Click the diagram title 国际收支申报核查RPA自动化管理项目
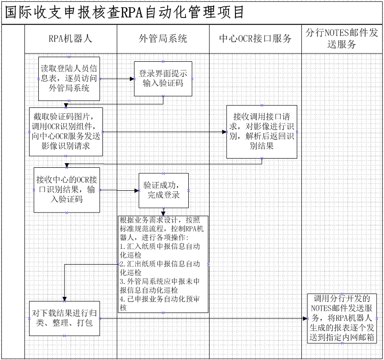pos(125,12)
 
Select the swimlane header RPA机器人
pos(70,39)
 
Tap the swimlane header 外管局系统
pos(163,39)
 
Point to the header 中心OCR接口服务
pos(255,39)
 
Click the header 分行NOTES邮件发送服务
pos(342,38)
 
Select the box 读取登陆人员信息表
pos(69,79)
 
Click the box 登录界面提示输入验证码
pos(163,79)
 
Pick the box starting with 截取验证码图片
pos(66,132)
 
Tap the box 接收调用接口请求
pos(262,132)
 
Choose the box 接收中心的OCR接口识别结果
pos(66,190)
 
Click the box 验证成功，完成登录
pos(163,190)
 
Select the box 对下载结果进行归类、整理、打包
pos(65,319)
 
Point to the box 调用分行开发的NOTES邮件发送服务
pos(342,319)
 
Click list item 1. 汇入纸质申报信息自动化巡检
pos(160,251)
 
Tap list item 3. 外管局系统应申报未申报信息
pos(160,286)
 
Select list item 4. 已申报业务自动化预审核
pos(160,303)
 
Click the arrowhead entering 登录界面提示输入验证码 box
pos(132,79)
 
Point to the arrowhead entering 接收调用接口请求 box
pos(225,132)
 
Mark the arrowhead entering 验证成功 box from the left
pos(137,190)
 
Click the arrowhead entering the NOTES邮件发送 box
pos(305,319)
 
